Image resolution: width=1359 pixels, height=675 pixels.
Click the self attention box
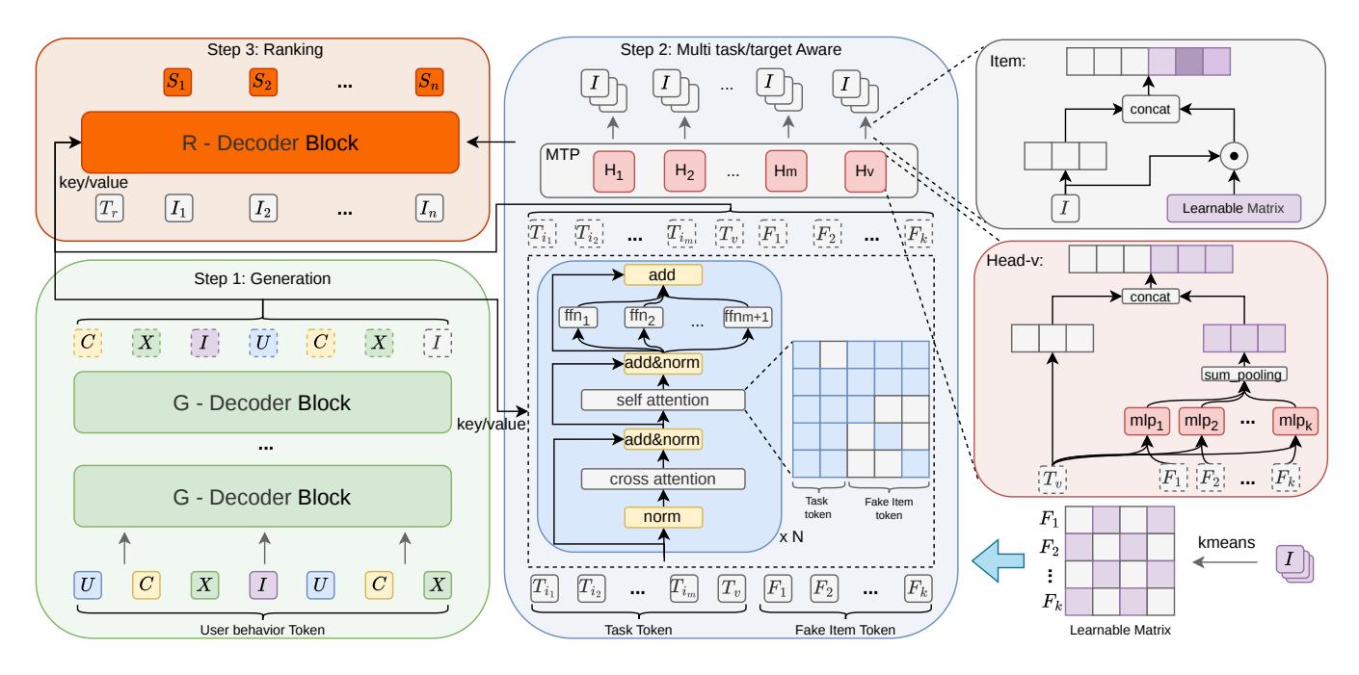[x=663, y=400]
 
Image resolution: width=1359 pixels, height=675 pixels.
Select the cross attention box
[x=663, y=480]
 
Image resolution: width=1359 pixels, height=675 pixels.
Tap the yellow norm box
[x=663, y=517]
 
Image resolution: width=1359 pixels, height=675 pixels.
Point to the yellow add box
[x=663, y=275]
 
